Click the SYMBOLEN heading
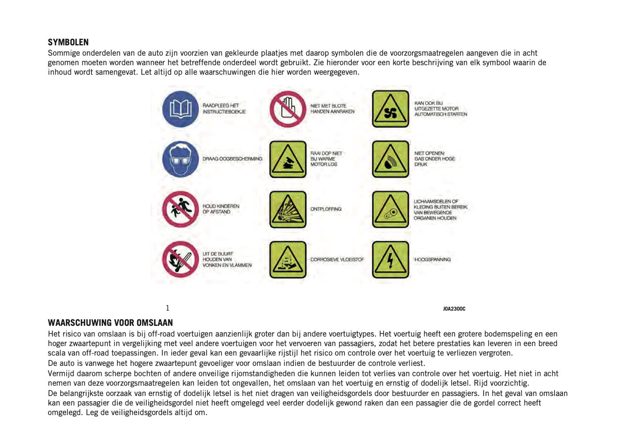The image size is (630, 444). pyautogui.click(x=68, y=42)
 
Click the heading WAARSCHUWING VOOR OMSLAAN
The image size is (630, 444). pyautogui.click(x=110, y=323)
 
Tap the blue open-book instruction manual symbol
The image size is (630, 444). pyautogui.click(x=180, y=109)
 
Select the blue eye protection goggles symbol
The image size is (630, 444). pyautogui.click(x=180, y=159)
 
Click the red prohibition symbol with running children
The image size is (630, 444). pyautogui.click(x=180, y=209)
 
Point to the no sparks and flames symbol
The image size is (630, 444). pyautogui.click(x=180, y=260)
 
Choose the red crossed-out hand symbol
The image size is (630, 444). pyautogui.click(x=288, y=109)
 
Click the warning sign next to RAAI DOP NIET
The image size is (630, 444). pyautogui.click(x=288, y=159)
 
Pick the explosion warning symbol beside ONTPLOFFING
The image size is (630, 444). pyautogui.click(x=288, y=209)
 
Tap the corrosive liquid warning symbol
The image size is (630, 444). pyautogui.click(x=288, y=260)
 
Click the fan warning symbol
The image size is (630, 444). pyautogui.click(x=391, y=109)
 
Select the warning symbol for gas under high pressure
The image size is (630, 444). pyautogui.click(x=391, y=159)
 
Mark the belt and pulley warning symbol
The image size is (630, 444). pyautogui.click(x=391, y=209)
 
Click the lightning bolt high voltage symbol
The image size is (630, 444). pyautogui.click(x=391, y=260)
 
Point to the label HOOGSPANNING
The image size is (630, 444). pyautogui.click(x=432, y=260)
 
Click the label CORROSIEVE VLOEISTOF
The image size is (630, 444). pyautogui.click(x=337, y=260)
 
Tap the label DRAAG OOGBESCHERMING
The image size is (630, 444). pyautogui.click(x=232, y=159)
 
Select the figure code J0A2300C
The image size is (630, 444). pyautogui.click(x=454, y=309)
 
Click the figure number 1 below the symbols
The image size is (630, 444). pyautogui.click(x=167, y=308)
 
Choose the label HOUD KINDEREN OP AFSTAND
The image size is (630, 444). pyautogui.click(x=221, y=209)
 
